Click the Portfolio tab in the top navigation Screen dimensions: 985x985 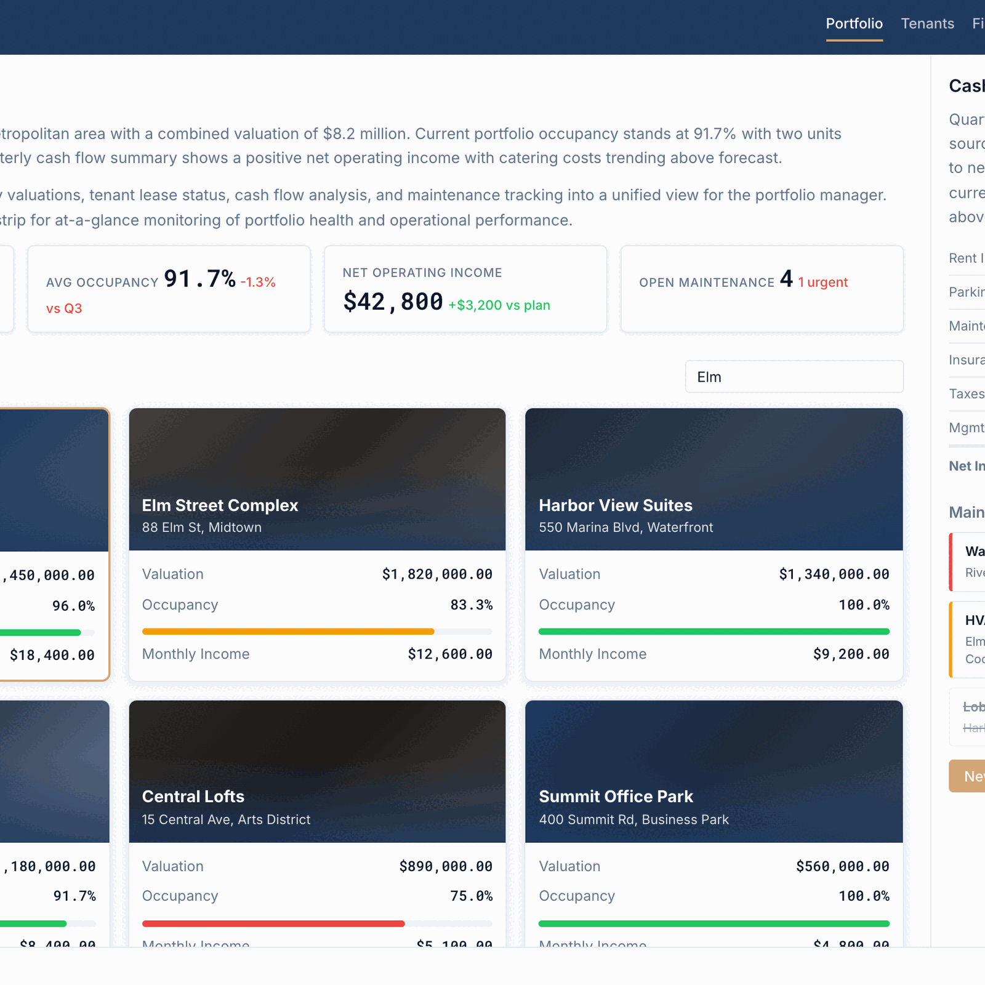(x=854, y=23)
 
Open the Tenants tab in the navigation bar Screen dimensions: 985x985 (x=927, y=23)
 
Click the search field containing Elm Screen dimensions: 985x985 (x=794, y=377)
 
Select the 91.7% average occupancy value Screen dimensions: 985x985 (x=199, y=279)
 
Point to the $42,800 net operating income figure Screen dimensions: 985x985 (x=393, y=302)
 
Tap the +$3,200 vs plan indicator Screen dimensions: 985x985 (x=499, y=305)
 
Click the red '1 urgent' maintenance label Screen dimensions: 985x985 (x=822, y=283)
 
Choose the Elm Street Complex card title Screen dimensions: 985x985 (x=220, y=505)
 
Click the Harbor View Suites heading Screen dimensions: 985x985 (x=616, y=505)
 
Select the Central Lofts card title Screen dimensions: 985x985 (x=193, y=797)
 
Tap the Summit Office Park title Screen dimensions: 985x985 (x=616, y=797)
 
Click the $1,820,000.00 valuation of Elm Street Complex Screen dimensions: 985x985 (x=437, y=574)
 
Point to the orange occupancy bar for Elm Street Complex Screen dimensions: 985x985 (x=288, y=632)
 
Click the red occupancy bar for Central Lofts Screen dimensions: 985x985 (x=273, y=923)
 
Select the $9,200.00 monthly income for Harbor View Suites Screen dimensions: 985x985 (x=851, y=654)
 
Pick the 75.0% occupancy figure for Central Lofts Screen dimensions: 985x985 (x=471, y=896)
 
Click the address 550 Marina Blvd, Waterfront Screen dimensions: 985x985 (x=625, y=528)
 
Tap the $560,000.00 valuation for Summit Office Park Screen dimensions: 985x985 (x=842, y=867)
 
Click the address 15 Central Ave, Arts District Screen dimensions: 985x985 (x=226, y=819)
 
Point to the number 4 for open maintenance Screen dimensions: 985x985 (x=786, y=279)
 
